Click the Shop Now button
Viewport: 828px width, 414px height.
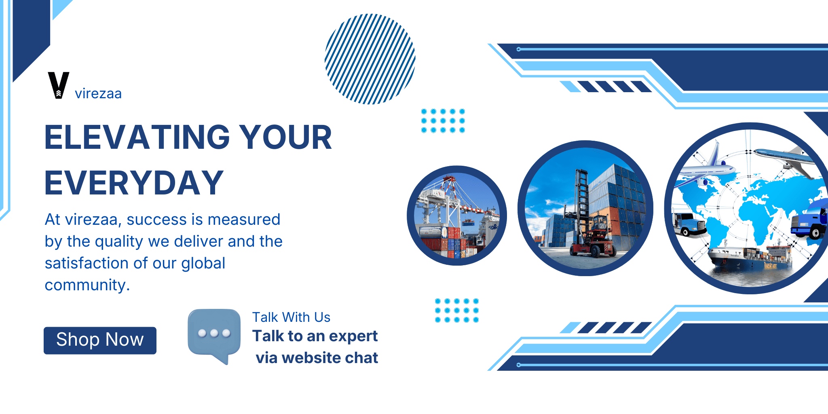[x=100, y=340]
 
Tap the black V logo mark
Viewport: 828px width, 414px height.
[x=59, y=85]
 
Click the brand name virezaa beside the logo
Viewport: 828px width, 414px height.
[x=98, y=94]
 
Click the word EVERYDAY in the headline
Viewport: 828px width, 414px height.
[x=134, y=183]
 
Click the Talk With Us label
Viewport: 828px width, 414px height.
[x=291, y=317]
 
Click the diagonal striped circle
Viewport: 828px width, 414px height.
[x=370, y=59]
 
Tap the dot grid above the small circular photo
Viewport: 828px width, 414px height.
[x=443, y=120]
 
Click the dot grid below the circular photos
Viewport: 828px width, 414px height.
[x=457, y=310]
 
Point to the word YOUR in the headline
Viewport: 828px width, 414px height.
[x=285, y=137]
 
